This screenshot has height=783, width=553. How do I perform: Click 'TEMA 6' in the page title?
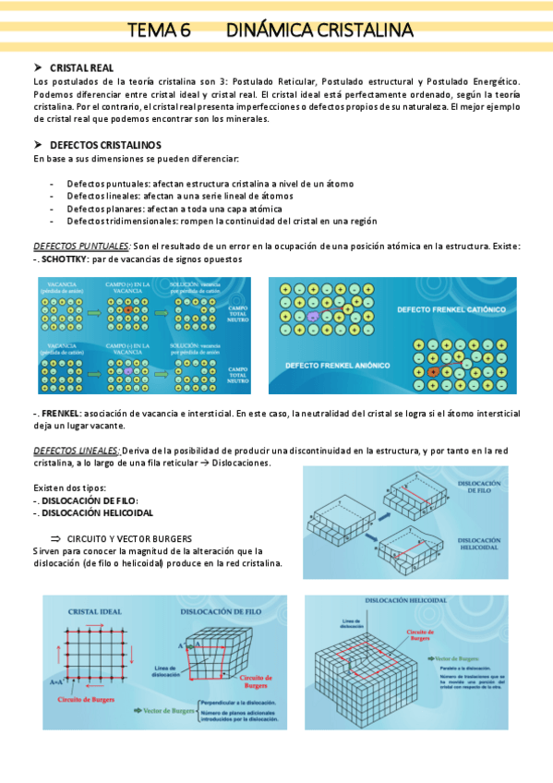pos(158,30)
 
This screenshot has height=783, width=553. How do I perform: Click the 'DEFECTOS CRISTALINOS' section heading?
pos(105,146)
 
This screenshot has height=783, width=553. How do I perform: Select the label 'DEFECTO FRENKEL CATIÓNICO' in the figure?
pos(451,310)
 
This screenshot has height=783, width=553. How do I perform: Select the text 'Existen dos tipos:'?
pos(69,487)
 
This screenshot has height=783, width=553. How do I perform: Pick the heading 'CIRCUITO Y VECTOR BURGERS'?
pos(129,537)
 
